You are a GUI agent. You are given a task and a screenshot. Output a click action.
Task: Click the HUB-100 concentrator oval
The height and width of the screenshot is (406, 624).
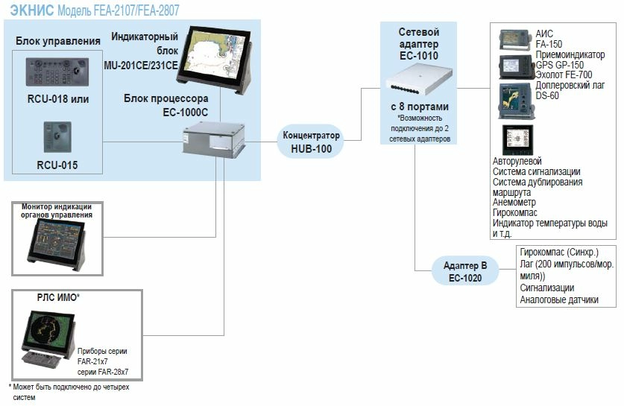click(x=312, y=142)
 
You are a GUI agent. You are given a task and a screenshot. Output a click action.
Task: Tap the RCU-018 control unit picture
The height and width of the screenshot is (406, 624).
click(x=57, y=74)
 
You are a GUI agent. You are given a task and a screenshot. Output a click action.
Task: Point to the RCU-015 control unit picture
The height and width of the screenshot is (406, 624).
click(x=57, y=137)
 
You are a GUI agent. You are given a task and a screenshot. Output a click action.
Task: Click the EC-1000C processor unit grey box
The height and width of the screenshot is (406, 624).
click(x=215, y=139)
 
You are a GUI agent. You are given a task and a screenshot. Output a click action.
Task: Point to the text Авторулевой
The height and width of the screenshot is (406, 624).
click(x=517, y=161)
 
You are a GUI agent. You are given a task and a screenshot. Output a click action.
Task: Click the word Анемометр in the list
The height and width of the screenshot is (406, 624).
click(x=514, y=202)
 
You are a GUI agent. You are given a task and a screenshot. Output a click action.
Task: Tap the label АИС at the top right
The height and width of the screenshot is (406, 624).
click(x=544, y=34)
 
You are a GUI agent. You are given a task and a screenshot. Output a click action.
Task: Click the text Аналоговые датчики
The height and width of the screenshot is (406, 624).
click(x=559, y=300)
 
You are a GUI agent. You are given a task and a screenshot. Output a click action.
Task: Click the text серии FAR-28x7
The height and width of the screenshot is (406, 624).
click(x=104, y=371)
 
